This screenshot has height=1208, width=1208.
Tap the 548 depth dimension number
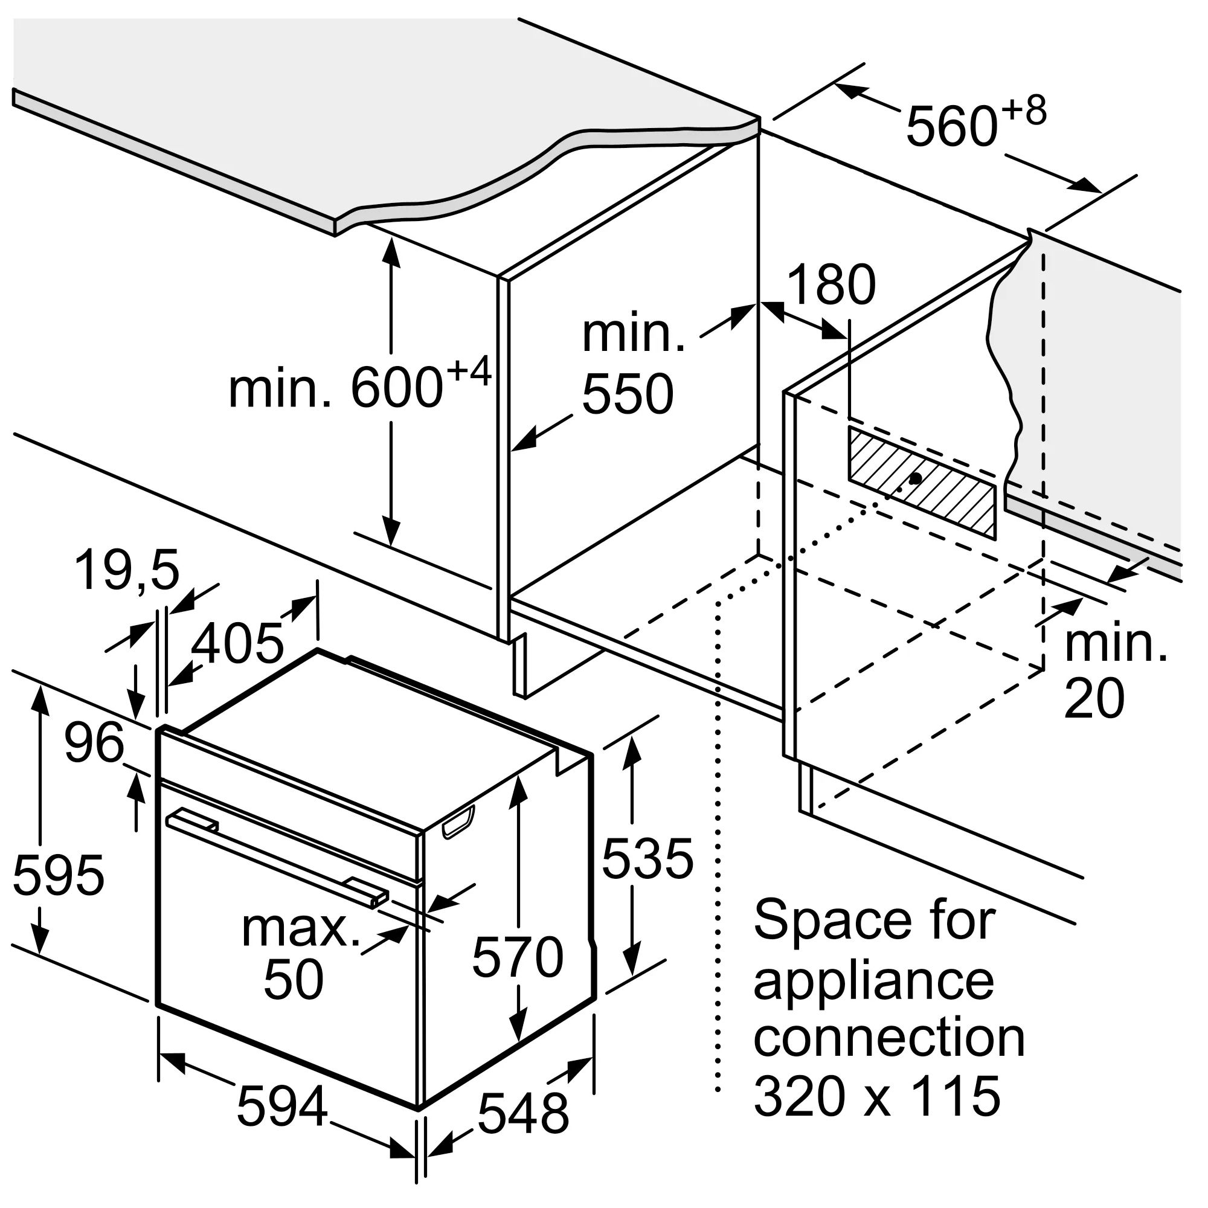[523, 1114]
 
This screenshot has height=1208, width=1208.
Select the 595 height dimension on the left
[59, 874]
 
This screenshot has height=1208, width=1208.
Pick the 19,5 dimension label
[127, 571]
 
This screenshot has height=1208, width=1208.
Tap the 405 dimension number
[237, 643]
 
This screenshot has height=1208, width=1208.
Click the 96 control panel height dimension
[94, 743]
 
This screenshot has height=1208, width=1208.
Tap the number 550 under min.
[628, 394]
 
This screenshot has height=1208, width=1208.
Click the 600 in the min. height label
[397, 388]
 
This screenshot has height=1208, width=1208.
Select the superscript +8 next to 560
[1024, 112]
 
